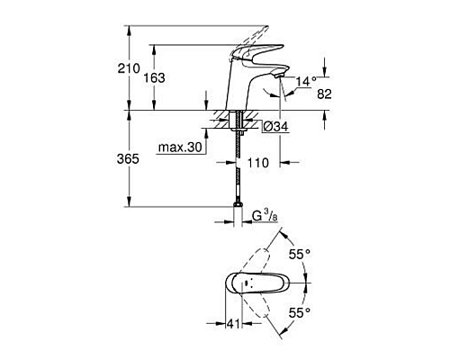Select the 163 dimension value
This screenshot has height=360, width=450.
(x=155, y=78)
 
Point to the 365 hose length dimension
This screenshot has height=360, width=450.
(x=129, y=158)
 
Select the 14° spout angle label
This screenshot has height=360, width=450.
(x=306, y=81)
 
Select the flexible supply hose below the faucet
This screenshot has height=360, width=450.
(x=238, y=171)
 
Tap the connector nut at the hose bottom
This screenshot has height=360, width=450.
(x=238, y=214)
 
